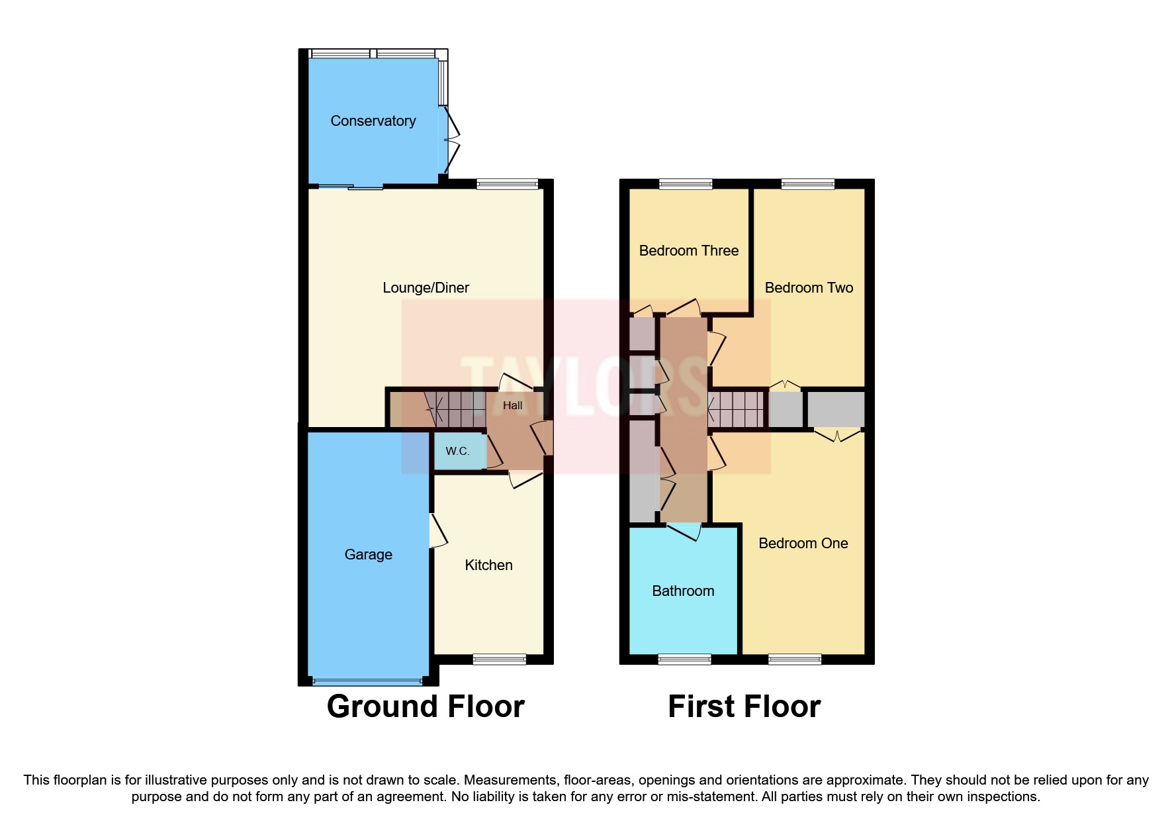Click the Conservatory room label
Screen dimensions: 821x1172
[x=373, y=121]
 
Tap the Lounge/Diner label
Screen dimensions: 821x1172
[x=426, y=288]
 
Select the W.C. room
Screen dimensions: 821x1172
[x=457, y=452]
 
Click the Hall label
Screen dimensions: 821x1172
[x=512, y=406]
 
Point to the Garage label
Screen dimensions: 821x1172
[x=368, y=555]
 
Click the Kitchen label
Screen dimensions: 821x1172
[x=488, y=565]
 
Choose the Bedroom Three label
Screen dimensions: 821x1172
[x=688, y=251]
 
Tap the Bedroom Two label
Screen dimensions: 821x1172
[x=808, y=288]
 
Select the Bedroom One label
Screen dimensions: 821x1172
[x=803, y=544]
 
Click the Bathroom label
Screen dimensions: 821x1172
[x=683, y=591]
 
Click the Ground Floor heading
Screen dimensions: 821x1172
[x=426, y=706]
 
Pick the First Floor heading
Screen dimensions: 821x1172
[x=744, y=706]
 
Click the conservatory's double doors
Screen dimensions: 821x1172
[x=451, y=140]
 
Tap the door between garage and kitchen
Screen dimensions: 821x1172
[x=437, y=530]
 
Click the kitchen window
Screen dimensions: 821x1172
[x=499, y=659]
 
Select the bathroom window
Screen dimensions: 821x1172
[x=684, y=659]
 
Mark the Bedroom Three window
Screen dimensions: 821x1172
[x=686, y=184]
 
